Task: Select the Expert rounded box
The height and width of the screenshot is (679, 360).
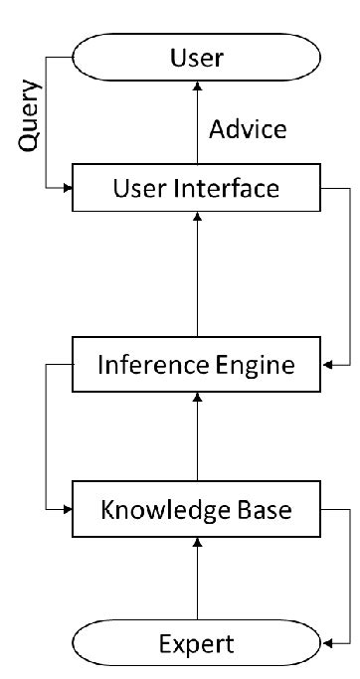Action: pyautogui.click(x=197, y=643)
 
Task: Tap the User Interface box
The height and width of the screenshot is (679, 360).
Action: pyautogui.click(x=197, y=188)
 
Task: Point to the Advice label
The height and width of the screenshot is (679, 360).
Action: pyautogui.click(x=249, y=130)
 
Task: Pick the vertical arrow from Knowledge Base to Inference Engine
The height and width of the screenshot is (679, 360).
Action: pyautogui.click(x=197, y=437)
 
